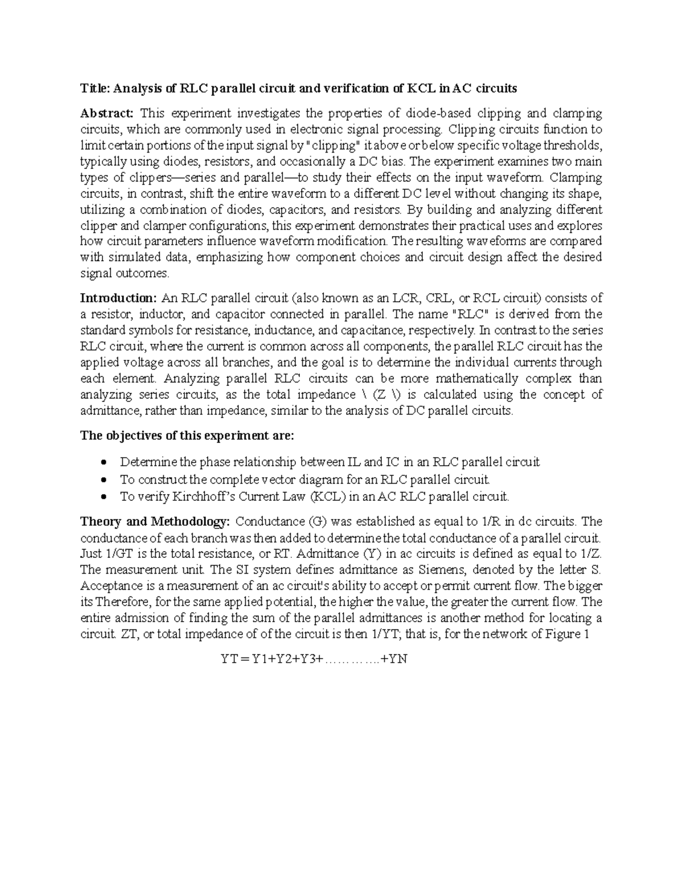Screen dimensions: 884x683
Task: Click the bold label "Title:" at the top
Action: pyautogui.click(x=95, y=88)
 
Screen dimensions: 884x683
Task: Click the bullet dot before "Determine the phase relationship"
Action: pyautogui.click(x=102, y=462)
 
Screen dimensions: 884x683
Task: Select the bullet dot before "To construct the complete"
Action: pyautogui.click(x=102, y=479)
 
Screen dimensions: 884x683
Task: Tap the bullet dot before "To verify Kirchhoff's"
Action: pyautogui.click(x=102, y=496)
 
